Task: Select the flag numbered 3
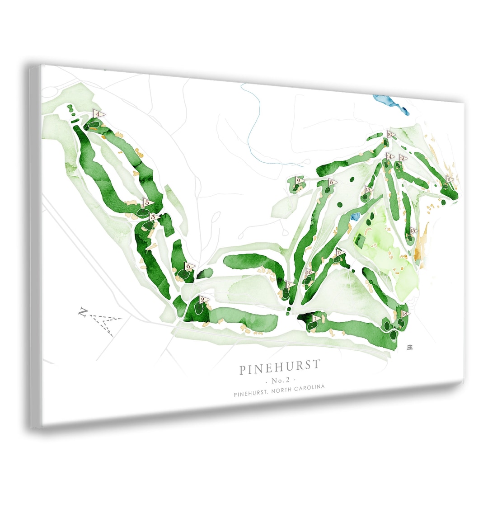coord(154,217)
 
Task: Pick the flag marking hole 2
coord(204,299)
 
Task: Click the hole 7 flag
coord(290,285)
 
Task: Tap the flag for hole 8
coord(332,182)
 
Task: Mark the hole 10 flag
coord(390,134)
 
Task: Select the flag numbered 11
coord(449,179)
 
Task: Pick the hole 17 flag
coord(340,253)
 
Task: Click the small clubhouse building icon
coord(410,347)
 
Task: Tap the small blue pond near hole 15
coord(356,216)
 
